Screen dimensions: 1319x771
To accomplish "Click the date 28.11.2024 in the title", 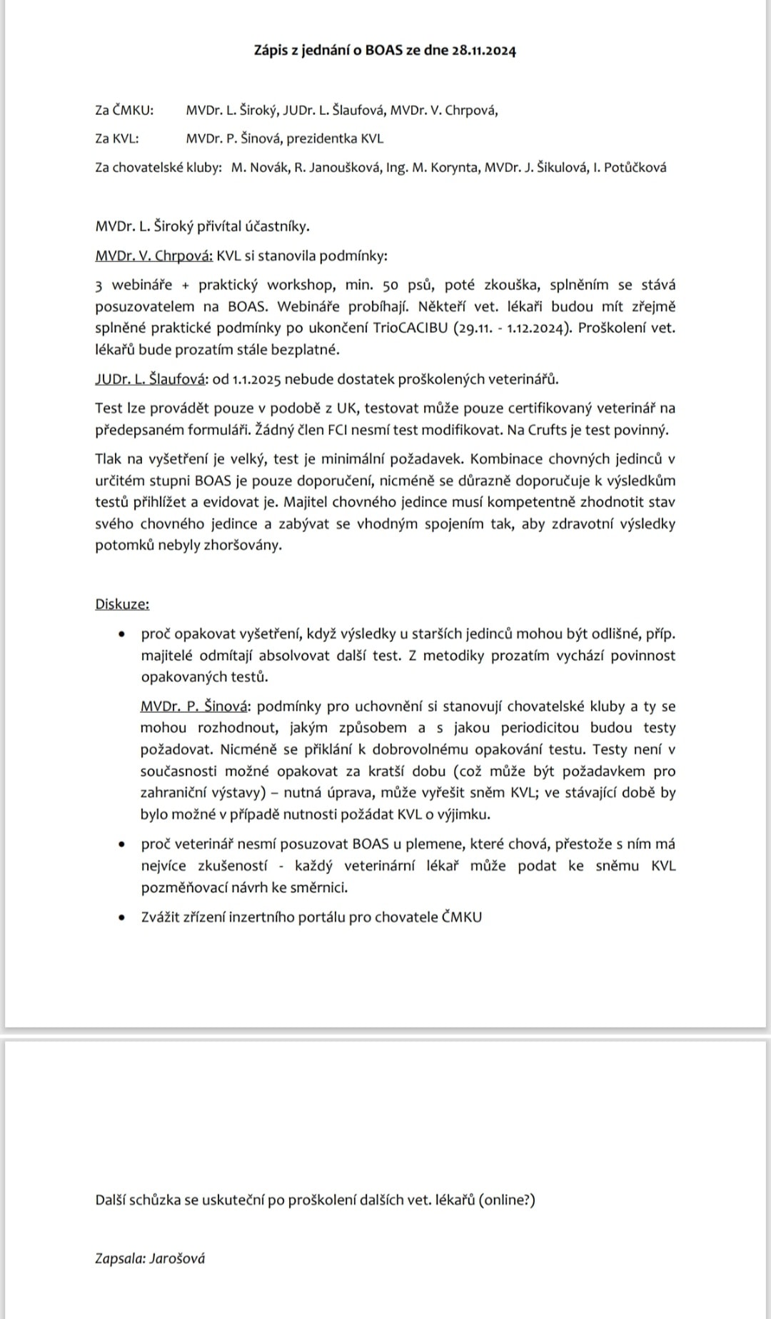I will (484, 51).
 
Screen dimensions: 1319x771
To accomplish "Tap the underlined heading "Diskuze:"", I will (122, 604).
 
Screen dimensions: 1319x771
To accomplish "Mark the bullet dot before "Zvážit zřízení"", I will (124, 917).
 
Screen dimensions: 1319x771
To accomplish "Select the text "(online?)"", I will (507, 1200).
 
